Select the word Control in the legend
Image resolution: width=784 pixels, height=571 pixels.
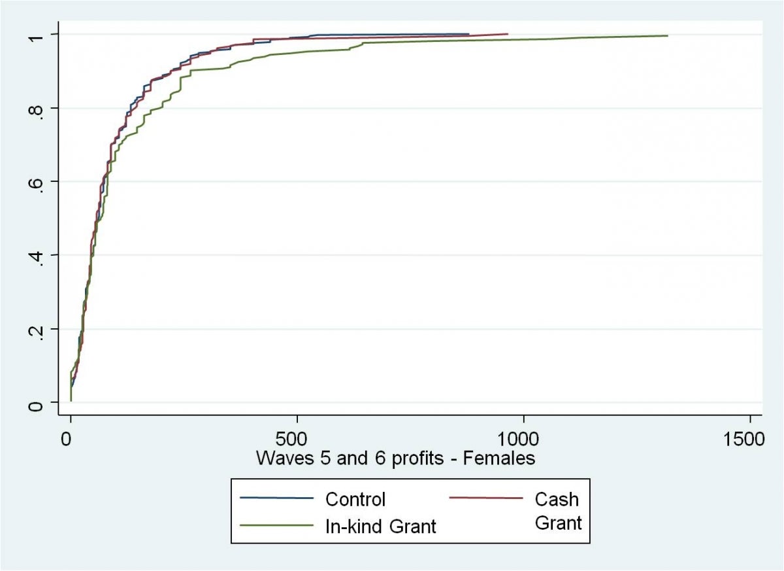click(x=355, y=500)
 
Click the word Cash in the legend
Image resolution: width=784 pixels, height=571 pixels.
click(x=557, y=500)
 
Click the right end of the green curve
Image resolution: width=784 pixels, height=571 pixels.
click(x=668, y=35)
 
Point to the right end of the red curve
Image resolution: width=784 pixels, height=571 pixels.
click(x=508, y=33)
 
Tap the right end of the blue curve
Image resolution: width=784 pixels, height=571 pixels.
click(x=468, y=34)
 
